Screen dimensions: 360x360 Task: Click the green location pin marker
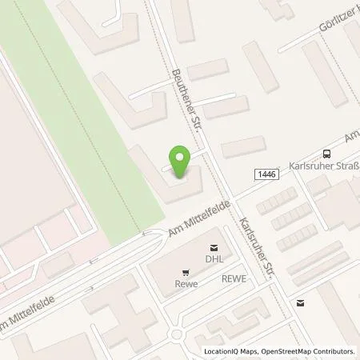[x=181, y=162]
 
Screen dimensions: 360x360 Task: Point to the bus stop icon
[x=326, y=154]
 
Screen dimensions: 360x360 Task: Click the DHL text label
[x=214, y=259]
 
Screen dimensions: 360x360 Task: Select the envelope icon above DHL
[x=214, y=247]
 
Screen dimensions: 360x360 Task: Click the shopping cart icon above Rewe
[x=186, y=272]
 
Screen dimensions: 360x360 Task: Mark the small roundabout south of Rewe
[x=178, y=334]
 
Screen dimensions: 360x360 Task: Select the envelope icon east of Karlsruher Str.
[x=300, y=303]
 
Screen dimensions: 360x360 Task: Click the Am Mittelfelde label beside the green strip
[x=195, y=219]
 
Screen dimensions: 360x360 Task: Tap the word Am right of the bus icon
[x=350, y=139]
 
